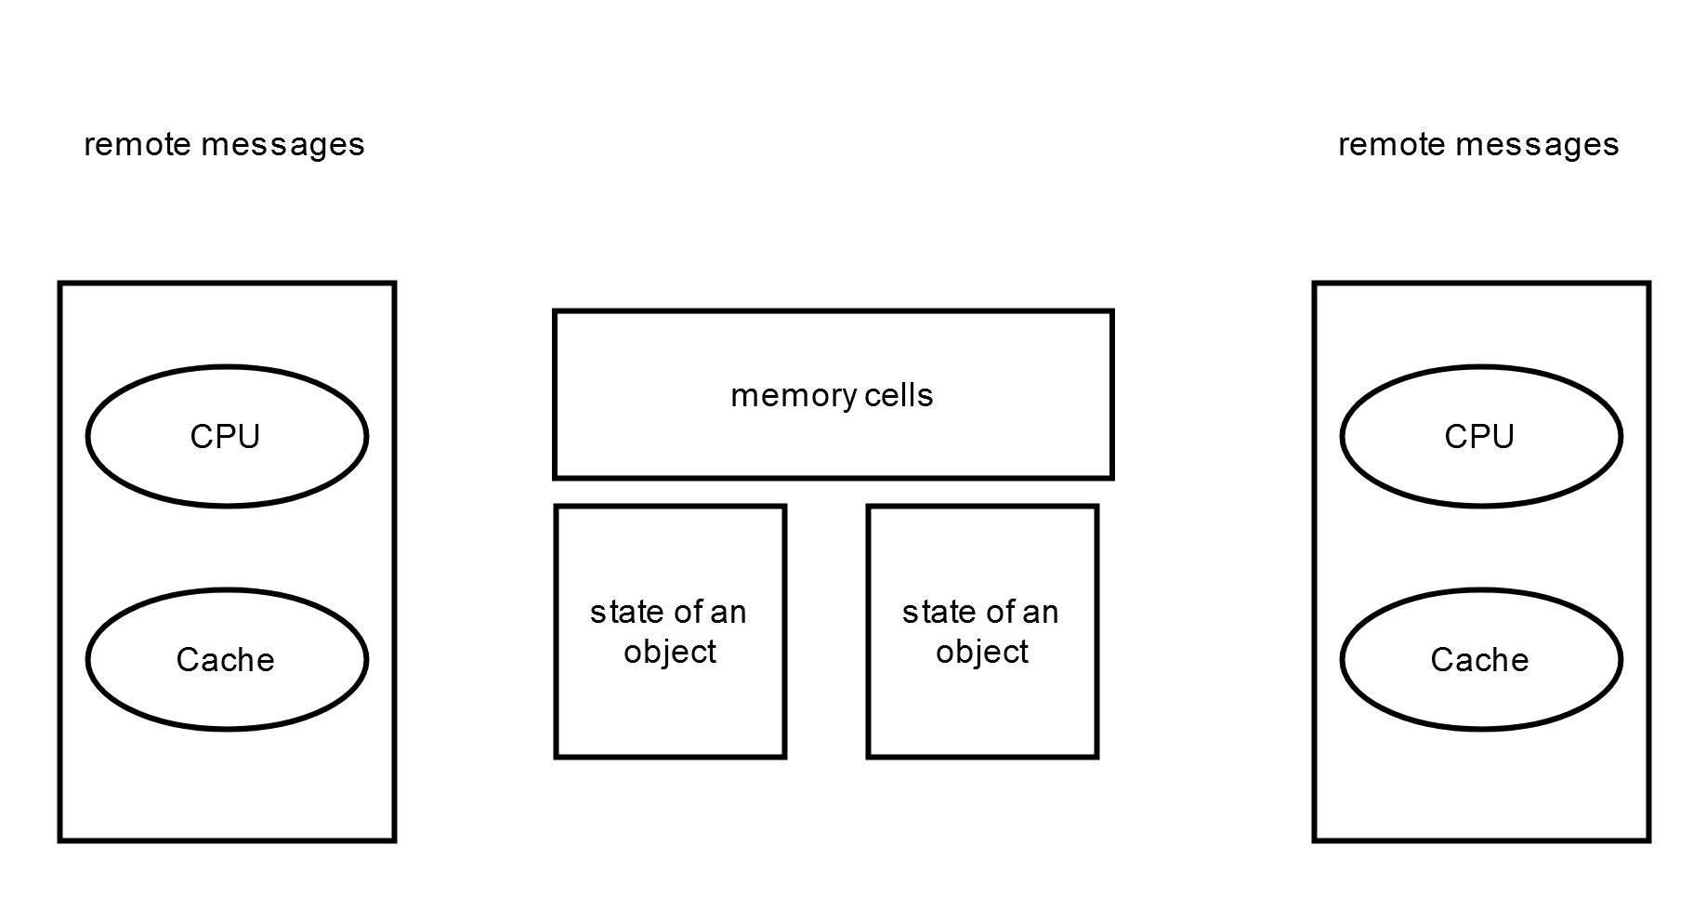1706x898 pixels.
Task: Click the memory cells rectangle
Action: [833, 437]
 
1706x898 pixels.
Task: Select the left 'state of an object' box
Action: [670, 707]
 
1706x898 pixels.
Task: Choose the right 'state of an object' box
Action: [982, 707]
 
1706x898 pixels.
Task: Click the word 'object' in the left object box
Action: [670, 653]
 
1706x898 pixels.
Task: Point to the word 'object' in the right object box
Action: [982, 653]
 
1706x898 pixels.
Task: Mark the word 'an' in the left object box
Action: [728, 613]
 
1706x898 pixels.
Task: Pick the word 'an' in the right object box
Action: [1040, 613]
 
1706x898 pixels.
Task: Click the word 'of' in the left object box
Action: [683, 613]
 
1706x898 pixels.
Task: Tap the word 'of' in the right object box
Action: [995, 613]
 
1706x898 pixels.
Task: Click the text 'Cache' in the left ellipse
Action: [226, 660]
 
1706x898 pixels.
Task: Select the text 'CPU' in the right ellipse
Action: [1479, 437]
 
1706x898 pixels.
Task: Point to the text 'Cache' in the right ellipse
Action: [1479, 660]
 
